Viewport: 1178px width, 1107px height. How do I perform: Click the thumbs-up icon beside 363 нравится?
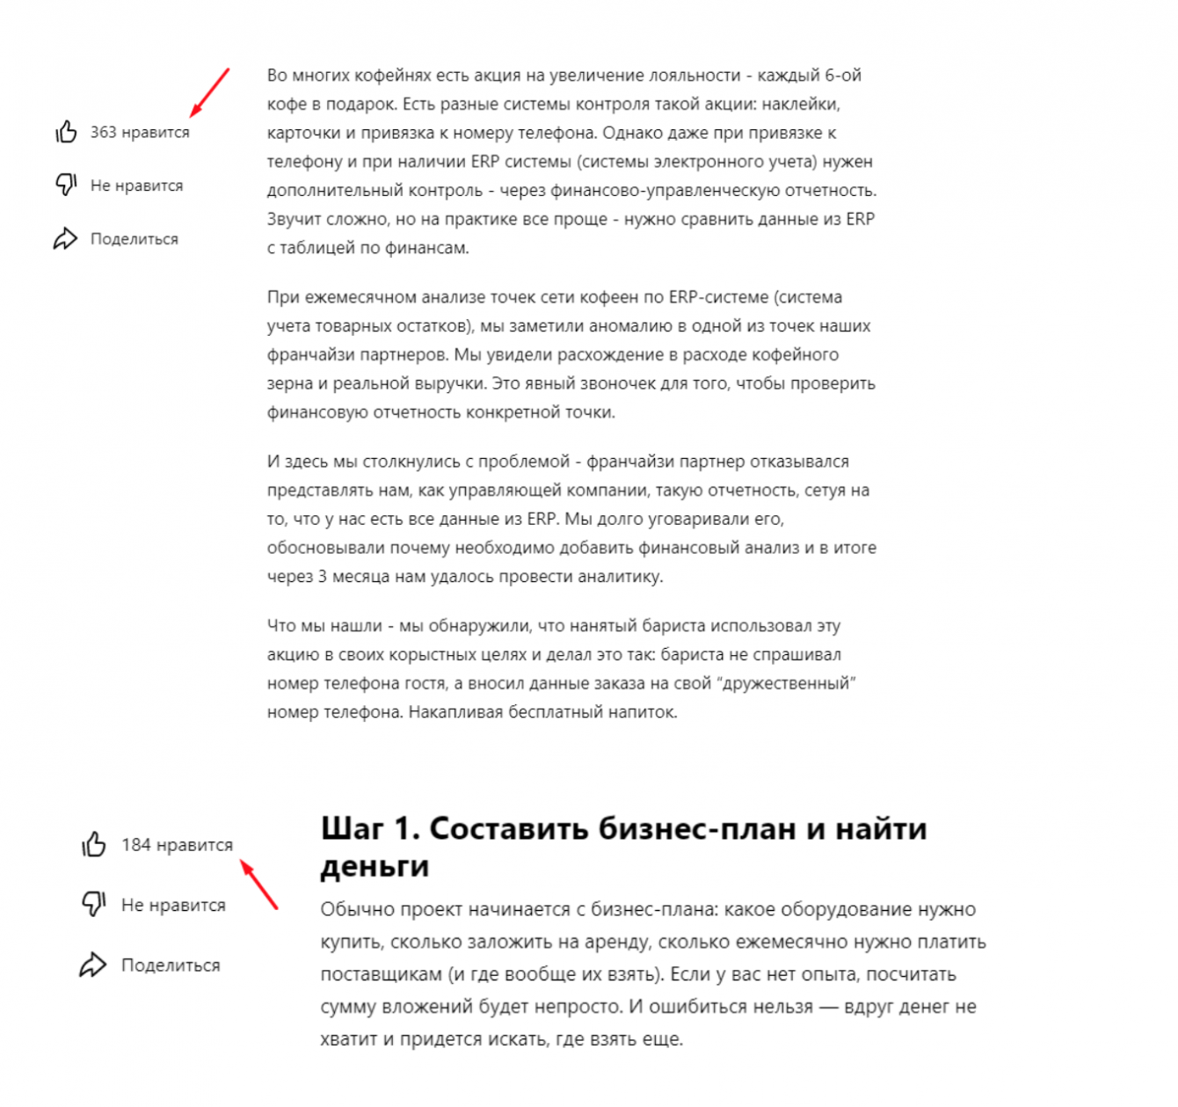tap(66, 132)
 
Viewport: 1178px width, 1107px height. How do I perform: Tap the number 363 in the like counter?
tap(103, 132)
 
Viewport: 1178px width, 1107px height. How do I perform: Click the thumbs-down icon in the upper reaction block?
tap(66, 185)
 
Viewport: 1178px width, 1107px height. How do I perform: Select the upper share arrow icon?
tap(66, 238)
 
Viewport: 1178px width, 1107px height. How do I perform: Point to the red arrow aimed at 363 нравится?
tap(210, 92)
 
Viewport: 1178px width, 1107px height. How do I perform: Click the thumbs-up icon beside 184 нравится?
tap(94, 844)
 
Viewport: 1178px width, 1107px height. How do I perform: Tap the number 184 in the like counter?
tap(135, 845)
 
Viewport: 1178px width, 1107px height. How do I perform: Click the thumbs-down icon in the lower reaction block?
tap(94, 904)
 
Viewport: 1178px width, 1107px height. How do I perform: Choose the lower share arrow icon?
tap(93, 965)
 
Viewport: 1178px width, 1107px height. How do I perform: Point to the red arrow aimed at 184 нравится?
tap(259, 885)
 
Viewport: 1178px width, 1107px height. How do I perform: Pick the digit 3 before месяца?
tap(322, 577)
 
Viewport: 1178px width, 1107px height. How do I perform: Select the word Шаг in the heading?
tap(352, 829)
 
